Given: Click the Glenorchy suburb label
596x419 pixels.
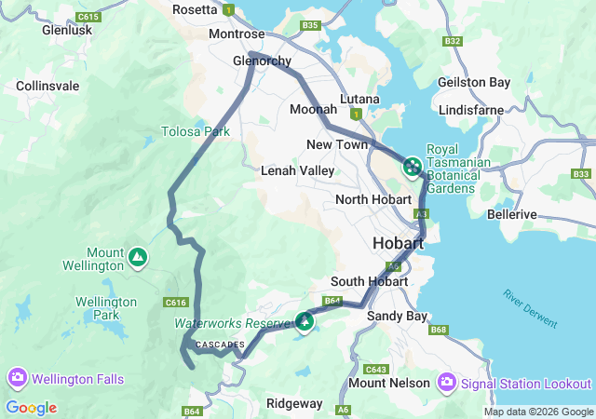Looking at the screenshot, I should (262, 61).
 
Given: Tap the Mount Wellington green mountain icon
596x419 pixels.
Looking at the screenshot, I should (138, 256).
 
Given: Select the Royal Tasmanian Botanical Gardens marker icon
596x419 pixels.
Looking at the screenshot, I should (412, 169).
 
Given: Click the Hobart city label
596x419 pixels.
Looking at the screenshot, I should (398, 243).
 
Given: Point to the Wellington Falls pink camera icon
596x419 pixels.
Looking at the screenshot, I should (17, 379).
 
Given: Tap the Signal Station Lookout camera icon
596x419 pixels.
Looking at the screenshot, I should (447, 383).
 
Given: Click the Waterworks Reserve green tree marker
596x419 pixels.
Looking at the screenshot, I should (305, 322).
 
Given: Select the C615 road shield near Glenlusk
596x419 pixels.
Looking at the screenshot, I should (89, 17).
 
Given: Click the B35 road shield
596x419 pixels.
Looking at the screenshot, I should (310, 25).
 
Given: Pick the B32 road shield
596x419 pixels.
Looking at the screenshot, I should (454, 41).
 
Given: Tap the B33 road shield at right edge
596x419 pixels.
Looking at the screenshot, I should (582, 174).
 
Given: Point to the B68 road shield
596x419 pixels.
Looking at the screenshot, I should (440, 330).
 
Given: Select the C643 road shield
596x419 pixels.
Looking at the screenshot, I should (376, 369).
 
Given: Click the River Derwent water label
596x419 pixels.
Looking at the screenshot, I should (531, 309).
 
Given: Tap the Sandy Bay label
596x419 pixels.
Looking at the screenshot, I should (398, 317).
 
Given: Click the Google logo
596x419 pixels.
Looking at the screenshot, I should (31, 408).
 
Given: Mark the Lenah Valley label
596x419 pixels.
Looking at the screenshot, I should (297, 170).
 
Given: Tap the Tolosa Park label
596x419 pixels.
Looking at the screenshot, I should (196, 131).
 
